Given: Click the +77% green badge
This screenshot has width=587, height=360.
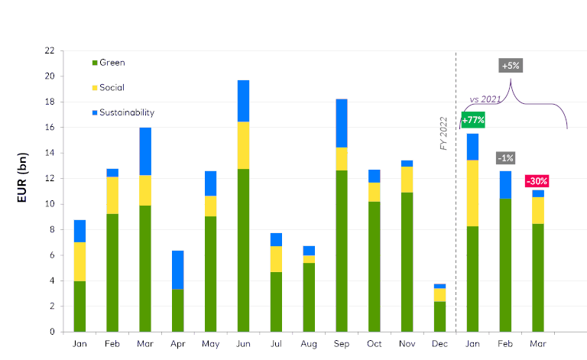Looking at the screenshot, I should [473, 119].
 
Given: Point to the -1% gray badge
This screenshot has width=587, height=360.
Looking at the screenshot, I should [505, 158].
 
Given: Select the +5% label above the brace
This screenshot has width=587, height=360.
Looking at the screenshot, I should [511, 66].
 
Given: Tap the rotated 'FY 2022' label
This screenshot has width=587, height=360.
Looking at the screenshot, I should [443, 133].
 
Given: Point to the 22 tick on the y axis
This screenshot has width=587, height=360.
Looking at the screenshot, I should [50, 50].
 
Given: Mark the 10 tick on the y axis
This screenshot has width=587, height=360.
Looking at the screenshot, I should [50, 204].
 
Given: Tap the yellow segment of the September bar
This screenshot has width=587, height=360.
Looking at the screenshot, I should [341, 159].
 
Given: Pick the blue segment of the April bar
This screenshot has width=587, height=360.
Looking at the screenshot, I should [177, 270].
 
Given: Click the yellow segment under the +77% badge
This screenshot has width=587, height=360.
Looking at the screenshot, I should [473, 193].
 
